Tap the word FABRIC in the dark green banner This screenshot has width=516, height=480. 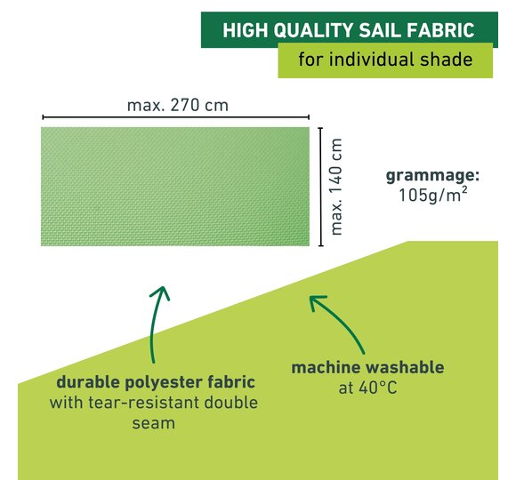[x=440, y=30]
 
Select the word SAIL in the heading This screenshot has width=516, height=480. [x=380, y=30]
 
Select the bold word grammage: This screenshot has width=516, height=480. [x=432, y=176]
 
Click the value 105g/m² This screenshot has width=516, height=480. [x=433, y=195]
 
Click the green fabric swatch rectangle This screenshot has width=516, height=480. [x=175, y=187]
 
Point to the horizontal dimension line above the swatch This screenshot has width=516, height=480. [x=176, y=117]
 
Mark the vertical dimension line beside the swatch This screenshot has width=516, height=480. [x=321, y=187]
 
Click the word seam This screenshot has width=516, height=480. [x=153, y=424]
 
